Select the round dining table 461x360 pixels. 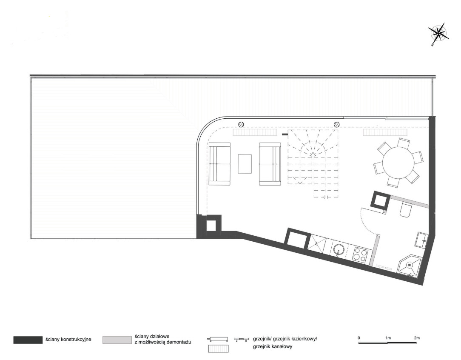[398, 163]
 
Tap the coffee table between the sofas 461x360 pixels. [245, 164]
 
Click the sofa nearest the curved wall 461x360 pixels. [219, 164]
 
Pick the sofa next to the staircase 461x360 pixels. [270, 164]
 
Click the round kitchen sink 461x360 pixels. [339, 250]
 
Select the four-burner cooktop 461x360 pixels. [360, 254]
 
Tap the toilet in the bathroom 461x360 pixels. [406, 209]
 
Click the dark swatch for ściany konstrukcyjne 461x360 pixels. [28, 340]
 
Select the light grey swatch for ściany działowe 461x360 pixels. [117, 340]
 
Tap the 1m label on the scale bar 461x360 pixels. [388, 338]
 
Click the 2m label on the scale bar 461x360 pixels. [416, 338]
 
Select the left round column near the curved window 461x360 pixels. [241, 124]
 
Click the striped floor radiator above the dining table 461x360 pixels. [385, 132]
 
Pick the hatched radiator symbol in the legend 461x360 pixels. [219, 349]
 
